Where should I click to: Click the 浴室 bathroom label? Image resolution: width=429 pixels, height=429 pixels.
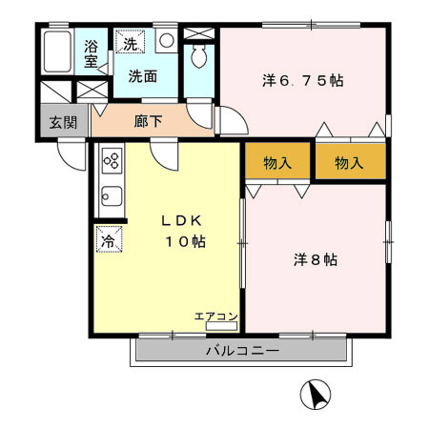pyautogui.click(x=92, y=53)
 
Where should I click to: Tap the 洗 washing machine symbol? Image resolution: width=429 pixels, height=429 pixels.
pyautogui.click(x=127, y=43)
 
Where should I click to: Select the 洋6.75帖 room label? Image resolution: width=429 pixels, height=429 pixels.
pyautogui.click(x=303, y=81)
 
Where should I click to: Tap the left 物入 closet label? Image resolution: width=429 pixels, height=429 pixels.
pyautogui.click(x=277, y=163)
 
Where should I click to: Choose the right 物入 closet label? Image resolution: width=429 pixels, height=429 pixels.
pyautogui.click(x=350, y=163)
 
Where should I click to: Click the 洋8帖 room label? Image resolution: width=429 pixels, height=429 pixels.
pyautogui.click(x=315, y=259)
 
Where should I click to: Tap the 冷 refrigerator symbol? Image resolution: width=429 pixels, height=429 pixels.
pyautogui.click(x=108, y=239)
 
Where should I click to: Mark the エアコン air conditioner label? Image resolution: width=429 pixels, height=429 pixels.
pyautogui.click(x=216, y=315)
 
